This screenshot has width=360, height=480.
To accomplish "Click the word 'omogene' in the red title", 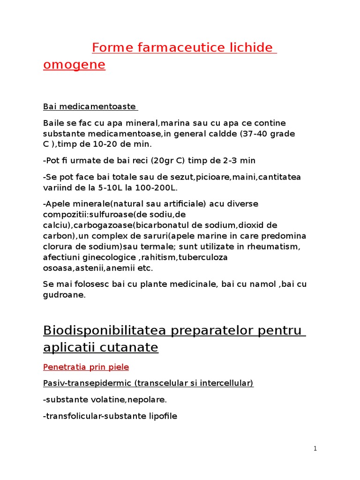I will [x=74, y=65].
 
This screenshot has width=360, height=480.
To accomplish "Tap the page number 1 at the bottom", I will [x=315, y=449].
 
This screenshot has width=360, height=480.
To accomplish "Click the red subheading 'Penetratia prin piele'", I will [x=86, y=367].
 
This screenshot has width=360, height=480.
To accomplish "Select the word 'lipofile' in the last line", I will [x=161, y=416].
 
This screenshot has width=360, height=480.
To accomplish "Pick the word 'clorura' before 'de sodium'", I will [x=58, y=247].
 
